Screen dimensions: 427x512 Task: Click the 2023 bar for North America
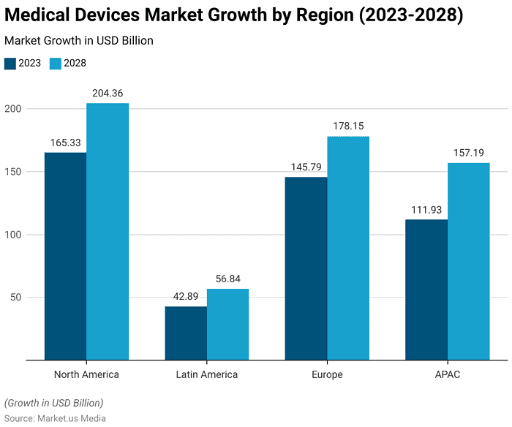pos(65,256)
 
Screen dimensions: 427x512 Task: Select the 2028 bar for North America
pos(108,232)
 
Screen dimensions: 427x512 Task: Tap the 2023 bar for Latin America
pos(186,333)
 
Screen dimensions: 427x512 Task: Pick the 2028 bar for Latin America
pos(227,324)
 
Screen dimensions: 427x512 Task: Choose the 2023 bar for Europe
pos(306,268)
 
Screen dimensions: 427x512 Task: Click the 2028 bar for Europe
pos(348,248)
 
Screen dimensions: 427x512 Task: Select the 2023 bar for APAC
pos(426,290)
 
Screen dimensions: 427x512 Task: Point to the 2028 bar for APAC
pos(468,261)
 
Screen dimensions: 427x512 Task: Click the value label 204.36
pos(108,93)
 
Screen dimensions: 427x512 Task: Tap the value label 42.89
pos(186,296)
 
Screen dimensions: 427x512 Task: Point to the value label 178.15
pos(348,126)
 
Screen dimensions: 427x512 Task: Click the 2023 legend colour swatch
pos(10,63)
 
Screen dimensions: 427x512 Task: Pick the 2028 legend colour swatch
pos(55,63)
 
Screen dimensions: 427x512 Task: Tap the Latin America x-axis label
pos(207,374)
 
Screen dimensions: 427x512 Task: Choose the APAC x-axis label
pos(448,374)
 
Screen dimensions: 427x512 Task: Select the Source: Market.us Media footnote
pos(55,418)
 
